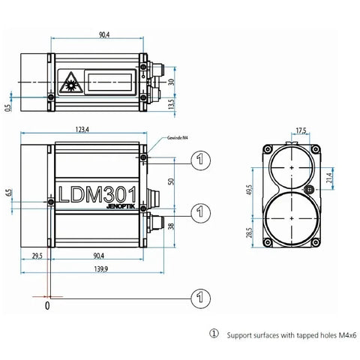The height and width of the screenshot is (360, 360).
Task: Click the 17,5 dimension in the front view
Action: [x=301, y=130]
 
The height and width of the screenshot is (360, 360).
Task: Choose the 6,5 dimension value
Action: [x=9, y=193]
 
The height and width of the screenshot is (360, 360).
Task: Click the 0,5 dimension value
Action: [x=7, y=107]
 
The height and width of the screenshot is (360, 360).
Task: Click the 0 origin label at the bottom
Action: [x=47, y=306]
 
